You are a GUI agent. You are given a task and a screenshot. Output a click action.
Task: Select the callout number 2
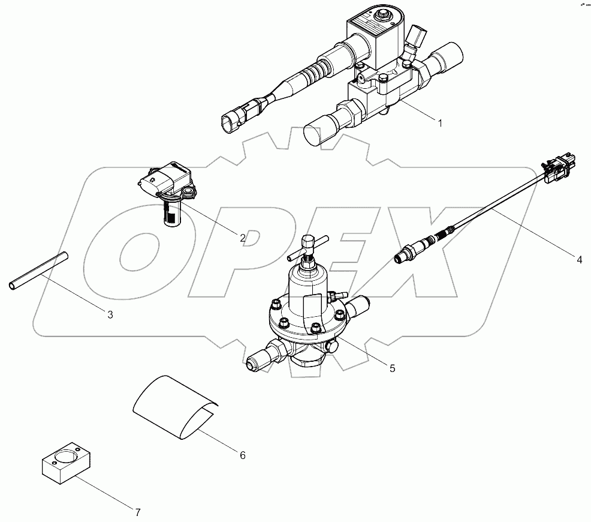[243, 238]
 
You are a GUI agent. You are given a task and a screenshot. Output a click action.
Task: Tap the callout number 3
[110, 314]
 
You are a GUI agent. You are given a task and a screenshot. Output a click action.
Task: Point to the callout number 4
[579, 260]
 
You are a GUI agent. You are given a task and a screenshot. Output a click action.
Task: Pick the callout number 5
[393, 368]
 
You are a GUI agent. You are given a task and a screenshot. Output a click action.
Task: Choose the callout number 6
[242, 455]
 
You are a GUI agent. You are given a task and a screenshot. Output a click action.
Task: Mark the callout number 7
[137, 512]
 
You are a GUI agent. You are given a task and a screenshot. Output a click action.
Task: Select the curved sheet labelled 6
[174, 405]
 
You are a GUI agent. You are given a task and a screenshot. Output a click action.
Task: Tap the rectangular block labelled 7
[65, 463]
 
